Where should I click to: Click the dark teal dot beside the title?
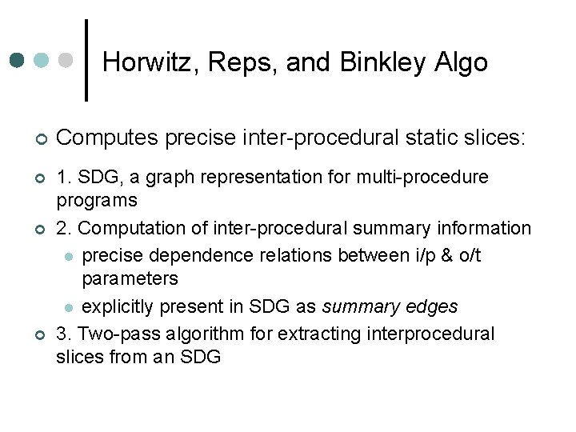(18, 60)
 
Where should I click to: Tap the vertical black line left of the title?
(86, 60)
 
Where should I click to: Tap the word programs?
(97, 199)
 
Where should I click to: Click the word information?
(484, 228)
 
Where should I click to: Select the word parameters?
(130, 278)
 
